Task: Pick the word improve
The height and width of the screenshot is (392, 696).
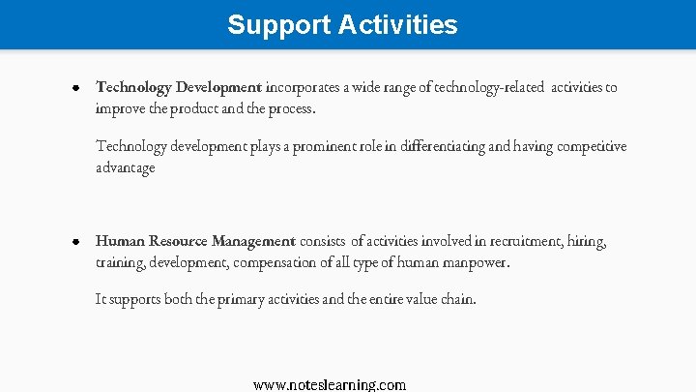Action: point(118,108)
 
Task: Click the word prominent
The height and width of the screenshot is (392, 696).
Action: point(318,146)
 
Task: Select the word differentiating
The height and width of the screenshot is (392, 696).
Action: point(437,146)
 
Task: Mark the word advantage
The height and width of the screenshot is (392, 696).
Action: point(125,167)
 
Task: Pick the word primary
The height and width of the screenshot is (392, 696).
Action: point(223,299)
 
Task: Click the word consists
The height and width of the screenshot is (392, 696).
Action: point(324,241)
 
